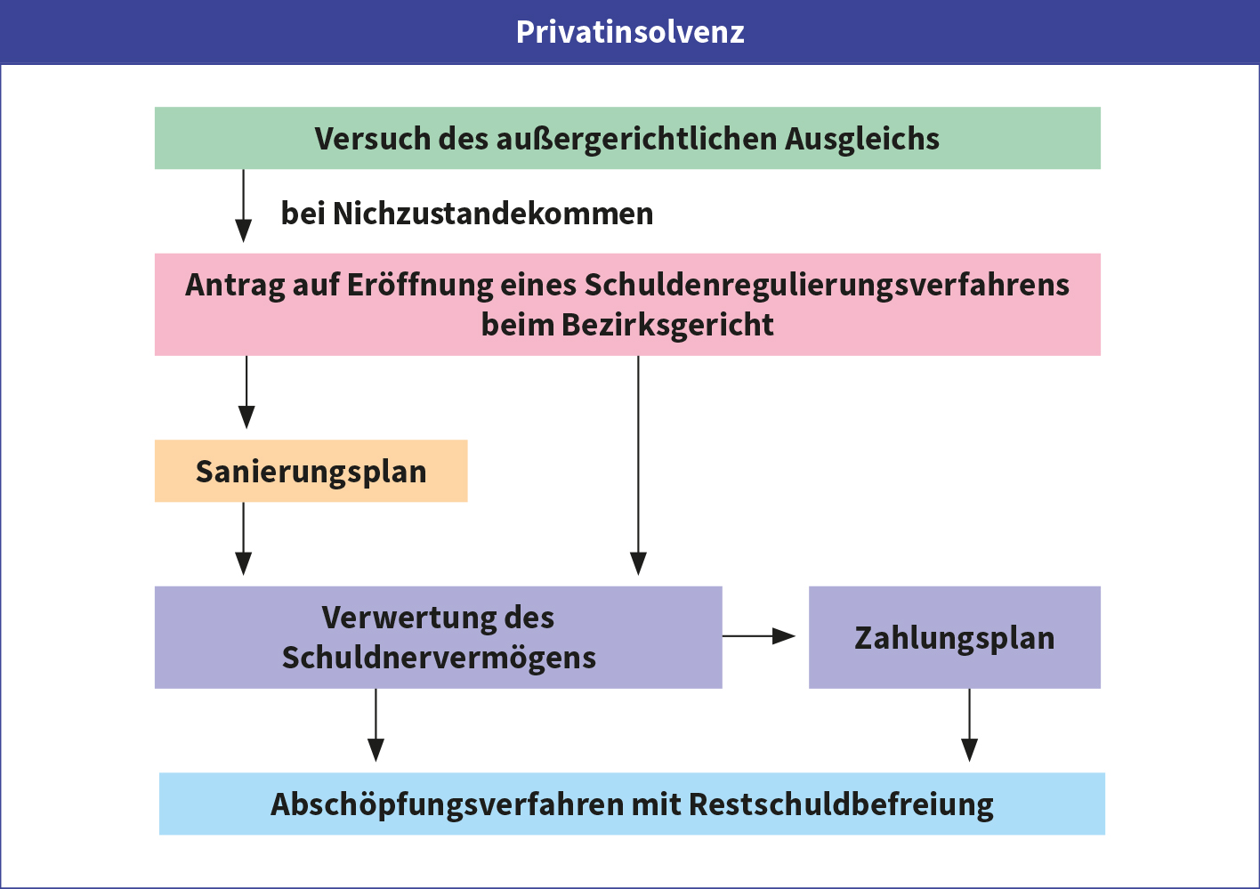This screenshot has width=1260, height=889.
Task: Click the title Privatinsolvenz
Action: (x=630, y=32)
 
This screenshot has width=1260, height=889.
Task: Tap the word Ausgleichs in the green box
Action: (x=861, y=140)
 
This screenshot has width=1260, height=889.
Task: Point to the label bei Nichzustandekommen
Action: (x=467, y=214)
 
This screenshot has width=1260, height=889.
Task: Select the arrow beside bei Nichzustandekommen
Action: (x=244, y=206)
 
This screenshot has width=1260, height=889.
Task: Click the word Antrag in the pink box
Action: (x=235, y=286)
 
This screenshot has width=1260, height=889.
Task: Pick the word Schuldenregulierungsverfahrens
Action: (x=827, y=286)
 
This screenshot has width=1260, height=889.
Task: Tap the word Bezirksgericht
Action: (x=667, y=326)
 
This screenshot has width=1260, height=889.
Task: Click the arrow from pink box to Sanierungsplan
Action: (x=246, y=392)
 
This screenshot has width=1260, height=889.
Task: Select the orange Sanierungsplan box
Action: (x=311, y=471)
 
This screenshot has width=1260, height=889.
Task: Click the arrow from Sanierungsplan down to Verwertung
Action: (x=244, y=538)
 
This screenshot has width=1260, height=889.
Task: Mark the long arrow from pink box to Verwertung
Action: (x=638, y=465)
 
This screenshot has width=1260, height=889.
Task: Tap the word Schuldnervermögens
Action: (x=439, y=659)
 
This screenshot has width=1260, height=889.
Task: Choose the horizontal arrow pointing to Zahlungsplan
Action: (x=759, y=636)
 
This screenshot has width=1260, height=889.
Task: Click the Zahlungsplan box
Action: (x=955, y=637)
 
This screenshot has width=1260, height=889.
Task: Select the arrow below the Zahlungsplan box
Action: (x=969, y=725)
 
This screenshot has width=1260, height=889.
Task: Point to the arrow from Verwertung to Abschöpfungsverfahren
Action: (x=376, y=725)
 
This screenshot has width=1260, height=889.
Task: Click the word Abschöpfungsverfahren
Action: (x=448, y=805)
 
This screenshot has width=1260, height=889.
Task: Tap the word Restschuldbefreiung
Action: (x=841, y=805)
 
